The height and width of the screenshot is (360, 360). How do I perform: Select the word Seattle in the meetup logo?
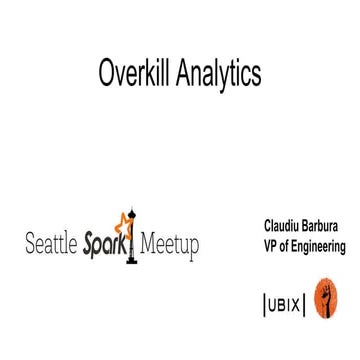coord(54,244)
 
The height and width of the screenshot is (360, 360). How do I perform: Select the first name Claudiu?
coord(282,227)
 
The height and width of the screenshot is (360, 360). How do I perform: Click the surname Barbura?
coord(324,227)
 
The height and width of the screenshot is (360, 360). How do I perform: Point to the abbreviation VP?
coord(271,246)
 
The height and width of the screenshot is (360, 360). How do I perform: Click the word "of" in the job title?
coord(287,246)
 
